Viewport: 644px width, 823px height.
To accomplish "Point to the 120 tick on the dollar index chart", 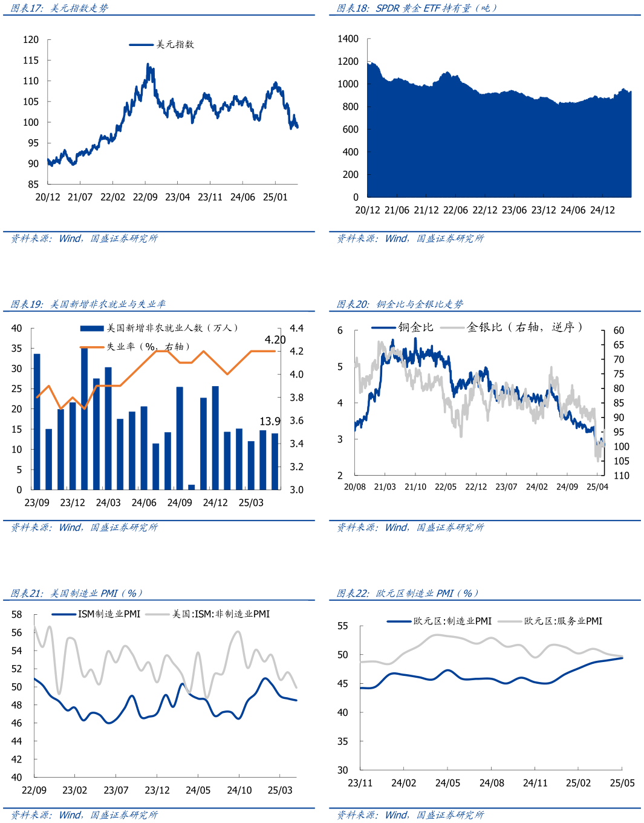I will tap(31, 40).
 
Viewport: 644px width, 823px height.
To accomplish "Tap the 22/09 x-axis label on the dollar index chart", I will tap(145, 197).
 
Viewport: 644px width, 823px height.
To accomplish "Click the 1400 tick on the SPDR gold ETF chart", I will tap(348, 39).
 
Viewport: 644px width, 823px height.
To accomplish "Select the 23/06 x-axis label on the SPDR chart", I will tap(514, 210).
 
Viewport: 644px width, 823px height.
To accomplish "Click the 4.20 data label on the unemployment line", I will tap(275, 340).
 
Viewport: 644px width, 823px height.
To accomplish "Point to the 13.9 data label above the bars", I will tap(270, 421).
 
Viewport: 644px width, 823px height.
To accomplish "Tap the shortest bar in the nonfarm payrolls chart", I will tap(192, 487).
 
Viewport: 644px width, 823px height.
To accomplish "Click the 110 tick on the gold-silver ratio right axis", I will tap(621, 476).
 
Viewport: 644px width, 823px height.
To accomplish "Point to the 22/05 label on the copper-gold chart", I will tap(446, 487).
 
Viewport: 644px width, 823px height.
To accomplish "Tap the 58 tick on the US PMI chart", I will tap(16, 615).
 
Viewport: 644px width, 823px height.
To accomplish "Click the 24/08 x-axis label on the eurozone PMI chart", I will tap(492, 783).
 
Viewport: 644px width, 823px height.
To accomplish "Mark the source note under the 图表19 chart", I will tap(84, 528).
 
